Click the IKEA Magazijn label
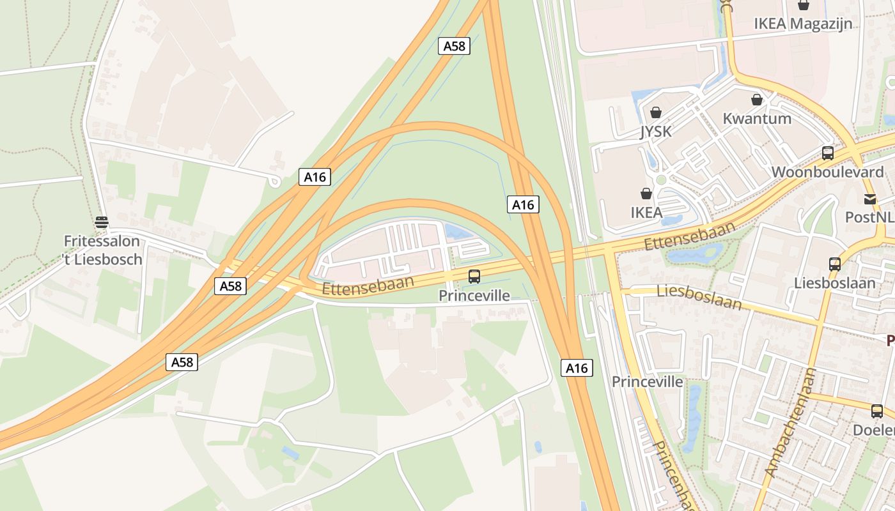[x=803, y=24]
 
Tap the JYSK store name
[x=656, y=132]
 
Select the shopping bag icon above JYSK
[x=655, y=113]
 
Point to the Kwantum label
[x=757, y=118]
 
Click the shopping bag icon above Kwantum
[x=757, y=100]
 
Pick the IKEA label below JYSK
[x=646, y=213]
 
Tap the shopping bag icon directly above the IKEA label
[x=646, y=194]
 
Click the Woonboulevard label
[x=827, y=172]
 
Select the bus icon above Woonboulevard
[x=828, y=153]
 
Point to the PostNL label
[x=869, y=217]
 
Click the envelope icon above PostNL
[x=870, y=199]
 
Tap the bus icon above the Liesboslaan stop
[x=835, y=264]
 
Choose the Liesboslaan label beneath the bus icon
[x=835, y=282]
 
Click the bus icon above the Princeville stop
[x=474, y=277]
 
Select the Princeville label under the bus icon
[x=474, y=295]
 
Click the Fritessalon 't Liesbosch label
[x=102, y=250]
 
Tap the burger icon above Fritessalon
[x=102, y=222]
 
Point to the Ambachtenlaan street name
[x=791, y=423]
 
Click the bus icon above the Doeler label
[x=877, y=411]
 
